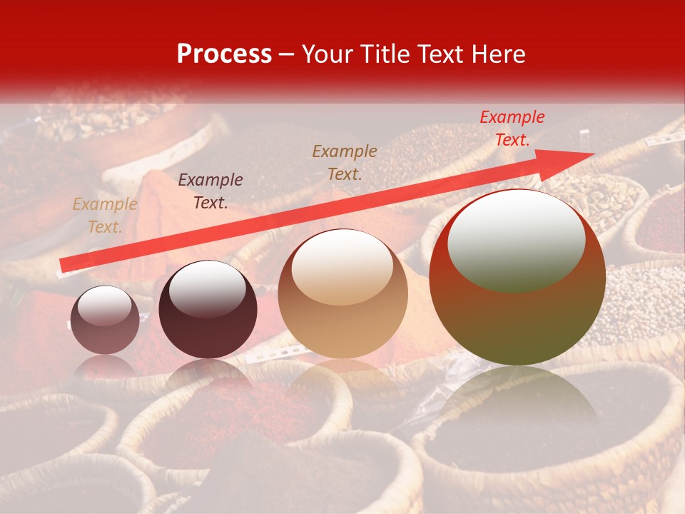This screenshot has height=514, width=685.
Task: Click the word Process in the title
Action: click(x=224, y=54)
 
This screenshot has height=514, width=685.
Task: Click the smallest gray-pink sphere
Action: click(x=106, y=320)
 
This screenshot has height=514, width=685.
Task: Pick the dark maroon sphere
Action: click(x=208, y=310)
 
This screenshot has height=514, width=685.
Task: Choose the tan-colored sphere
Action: click(x=342, y=293)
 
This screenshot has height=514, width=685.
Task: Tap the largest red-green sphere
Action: click(x=517, y=278)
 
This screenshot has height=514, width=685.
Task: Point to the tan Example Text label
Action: click(x=104, y=216)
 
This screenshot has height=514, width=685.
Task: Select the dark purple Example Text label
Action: click(x=210, y=191)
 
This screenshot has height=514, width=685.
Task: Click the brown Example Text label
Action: click(x=345, y=162)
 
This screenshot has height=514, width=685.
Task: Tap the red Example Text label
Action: click(x=512, y=128)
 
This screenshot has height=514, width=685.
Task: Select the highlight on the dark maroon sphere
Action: click(x=207, y=289)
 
